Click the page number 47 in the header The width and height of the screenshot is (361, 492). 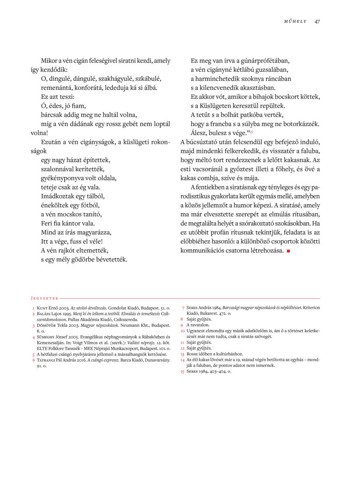point(317,21)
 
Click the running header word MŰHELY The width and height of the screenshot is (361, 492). point(295,22)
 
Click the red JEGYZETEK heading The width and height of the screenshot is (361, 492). point(44,298)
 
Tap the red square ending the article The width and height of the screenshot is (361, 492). point(288,251)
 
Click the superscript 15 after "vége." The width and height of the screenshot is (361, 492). point(251,132)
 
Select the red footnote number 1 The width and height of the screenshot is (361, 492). point(33,307)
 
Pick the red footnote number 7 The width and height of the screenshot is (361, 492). point(183,307)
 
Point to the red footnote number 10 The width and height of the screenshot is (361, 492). point(183,330)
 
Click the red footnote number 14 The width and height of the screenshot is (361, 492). point(183,360)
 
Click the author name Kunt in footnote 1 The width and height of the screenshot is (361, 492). point(42,307)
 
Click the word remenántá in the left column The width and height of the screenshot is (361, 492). point(57,88)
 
